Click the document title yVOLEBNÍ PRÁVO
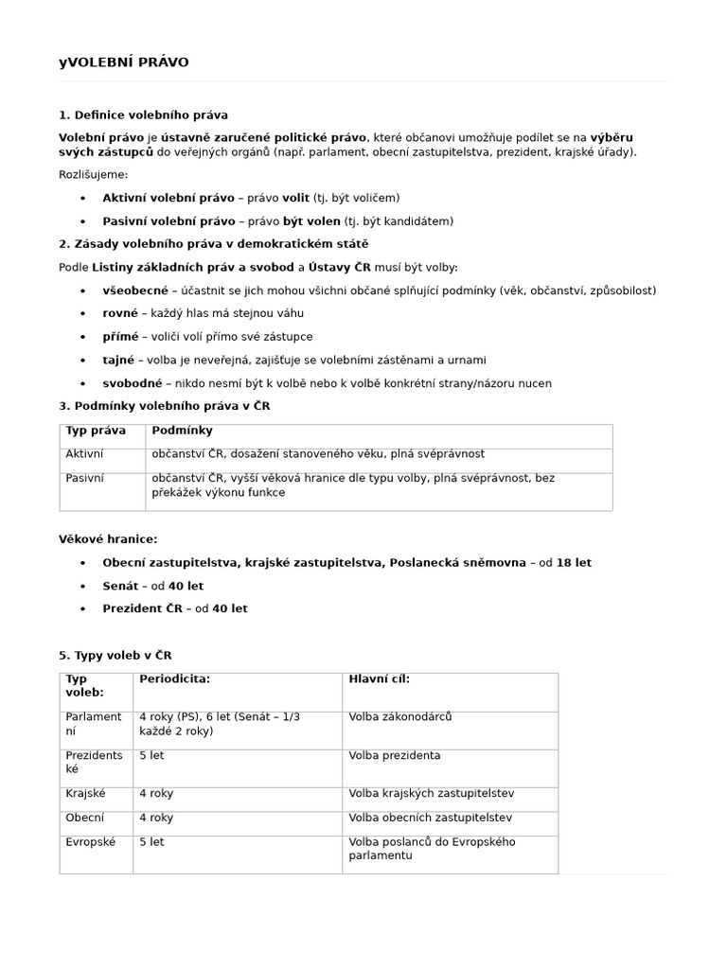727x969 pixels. pos(124,62)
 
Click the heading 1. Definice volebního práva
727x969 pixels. pos(143,115)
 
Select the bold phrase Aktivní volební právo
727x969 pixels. pos(168,198)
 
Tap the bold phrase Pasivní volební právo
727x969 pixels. pos(168,221)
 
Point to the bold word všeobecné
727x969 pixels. pos(135,291)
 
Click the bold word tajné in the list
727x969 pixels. pos(118,360)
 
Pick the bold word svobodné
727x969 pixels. pos(133,383)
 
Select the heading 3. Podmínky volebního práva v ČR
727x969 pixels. pos(165,406)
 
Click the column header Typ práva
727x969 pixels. pos(96,431)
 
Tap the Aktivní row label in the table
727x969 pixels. pos(84,454)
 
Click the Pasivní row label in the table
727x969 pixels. pos(84,479)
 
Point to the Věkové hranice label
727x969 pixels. pos(109,538)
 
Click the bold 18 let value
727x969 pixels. pos(574,562)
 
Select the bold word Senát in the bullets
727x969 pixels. pos(119,586)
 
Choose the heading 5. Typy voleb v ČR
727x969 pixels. pos(115,655)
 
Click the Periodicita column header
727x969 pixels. pos(174,678)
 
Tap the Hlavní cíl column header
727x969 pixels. pos(379,678)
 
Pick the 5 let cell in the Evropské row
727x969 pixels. pos(151,841)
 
